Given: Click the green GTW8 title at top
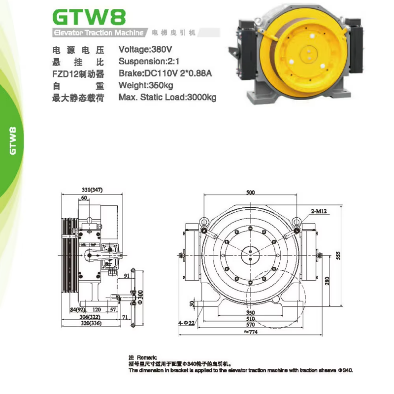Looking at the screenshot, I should [x=89, y=16].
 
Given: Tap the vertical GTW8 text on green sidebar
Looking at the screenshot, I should [x=13, y=140].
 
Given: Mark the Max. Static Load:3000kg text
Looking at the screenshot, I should [x=167, y=98].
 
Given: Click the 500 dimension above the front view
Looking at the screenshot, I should [x=251, y=192].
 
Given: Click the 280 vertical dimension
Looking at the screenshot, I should [x=327, y=281].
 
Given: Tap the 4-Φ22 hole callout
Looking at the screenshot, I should [x=186, y=323].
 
